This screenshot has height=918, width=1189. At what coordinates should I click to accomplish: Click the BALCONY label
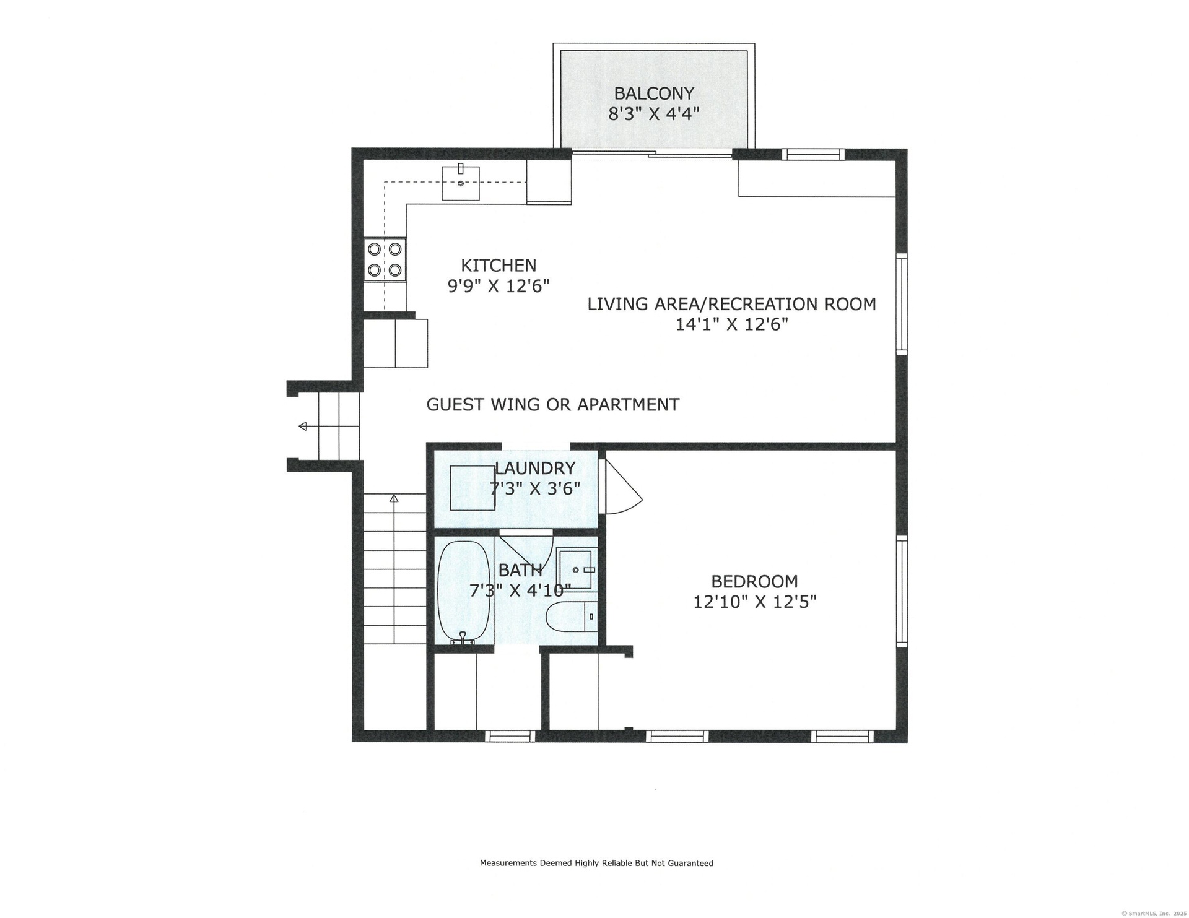click(654, 93)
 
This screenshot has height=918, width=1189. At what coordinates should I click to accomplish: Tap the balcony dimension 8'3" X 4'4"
click(654, 115)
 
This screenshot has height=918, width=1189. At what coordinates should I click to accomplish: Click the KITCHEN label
click(499, 266)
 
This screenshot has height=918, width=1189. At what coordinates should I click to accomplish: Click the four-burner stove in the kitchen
click(385, 259)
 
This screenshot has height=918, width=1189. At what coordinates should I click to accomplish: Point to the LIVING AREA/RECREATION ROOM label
click(731, 304)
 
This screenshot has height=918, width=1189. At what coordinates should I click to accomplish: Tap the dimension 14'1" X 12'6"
click(731, 324)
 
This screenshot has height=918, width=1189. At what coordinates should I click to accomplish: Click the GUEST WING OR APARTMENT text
click(553, 405)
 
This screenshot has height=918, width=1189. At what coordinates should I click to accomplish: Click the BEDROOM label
click(754, 581)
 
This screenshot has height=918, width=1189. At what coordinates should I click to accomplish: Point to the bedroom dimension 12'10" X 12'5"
click(755, 602)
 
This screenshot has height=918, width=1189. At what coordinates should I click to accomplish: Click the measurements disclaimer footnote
click(596, 863)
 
